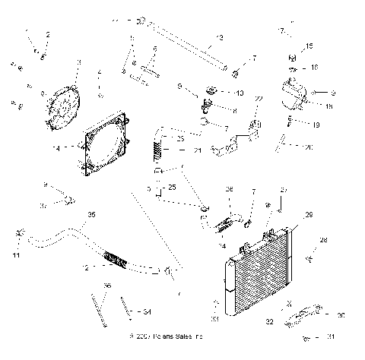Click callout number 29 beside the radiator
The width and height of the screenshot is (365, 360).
coord(309,214)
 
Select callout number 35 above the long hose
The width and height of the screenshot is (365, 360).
coord(92,215)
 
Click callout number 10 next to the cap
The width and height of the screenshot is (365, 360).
coord(240,93)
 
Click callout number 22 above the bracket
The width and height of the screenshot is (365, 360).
coord(259,99)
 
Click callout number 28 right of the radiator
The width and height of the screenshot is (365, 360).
coord(323,240)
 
